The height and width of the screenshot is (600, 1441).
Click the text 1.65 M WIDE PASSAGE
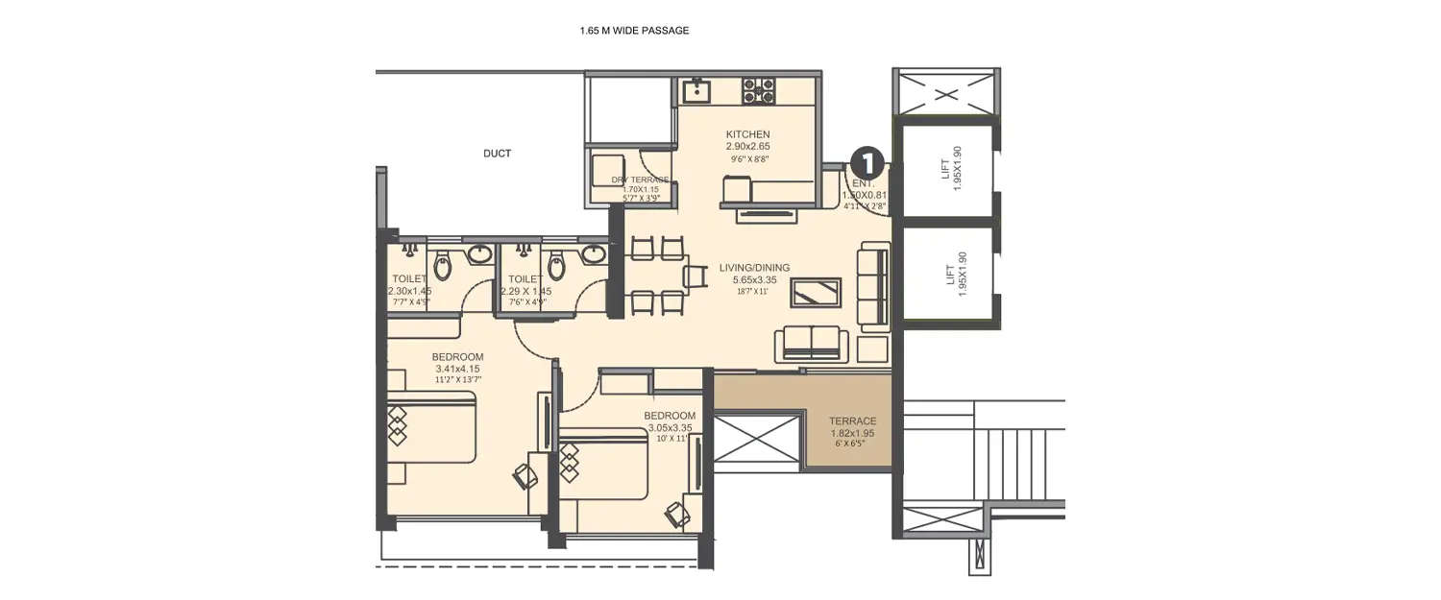click(x=634, y=31)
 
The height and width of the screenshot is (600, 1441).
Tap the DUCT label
click(x=497, y=154)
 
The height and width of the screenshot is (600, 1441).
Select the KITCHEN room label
click(x=747, y=134)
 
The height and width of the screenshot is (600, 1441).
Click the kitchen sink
click(x=696, y=91)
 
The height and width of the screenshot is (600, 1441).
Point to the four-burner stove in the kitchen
click(x=758, y=91)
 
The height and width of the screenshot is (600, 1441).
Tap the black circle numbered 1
click(x=867, y=159)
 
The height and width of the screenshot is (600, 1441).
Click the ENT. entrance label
click(x=865, y=181)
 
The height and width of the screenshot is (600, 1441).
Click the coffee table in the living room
click(x=816, y=292)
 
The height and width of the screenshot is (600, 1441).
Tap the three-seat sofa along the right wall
click(x=874, y=284)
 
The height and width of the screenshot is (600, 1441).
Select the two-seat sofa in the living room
click(x=812, y=342)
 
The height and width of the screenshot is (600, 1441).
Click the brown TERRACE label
click(x=853, y=420)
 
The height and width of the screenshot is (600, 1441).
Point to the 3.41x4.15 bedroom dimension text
click(x=457, y=369)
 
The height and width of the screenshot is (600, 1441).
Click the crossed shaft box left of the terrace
click(x=758, y=440)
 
